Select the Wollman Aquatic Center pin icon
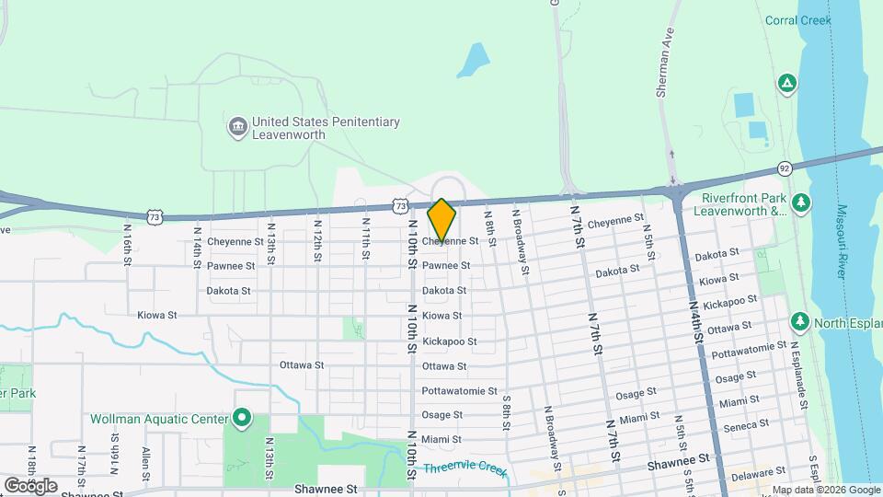click(242, 420)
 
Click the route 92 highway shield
click(784, 168)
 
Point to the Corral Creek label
click(797, 20)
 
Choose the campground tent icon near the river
click(786, 85)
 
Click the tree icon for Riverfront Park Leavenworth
click(802, 202)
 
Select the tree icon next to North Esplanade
click(800, 322)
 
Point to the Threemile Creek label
click(465, 468)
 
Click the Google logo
click(30, 485)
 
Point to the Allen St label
click(144, 465)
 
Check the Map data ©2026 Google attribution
click(825, 490)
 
